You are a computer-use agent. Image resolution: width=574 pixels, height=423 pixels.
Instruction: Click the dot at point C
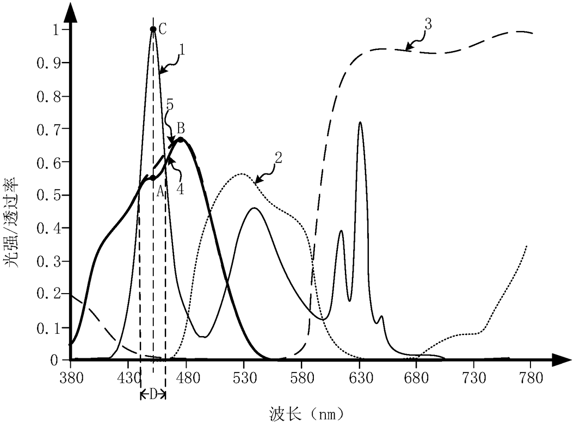point(153,29)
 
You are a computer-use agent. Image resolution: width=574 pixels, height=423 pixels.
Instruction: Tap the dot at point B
point(181,140)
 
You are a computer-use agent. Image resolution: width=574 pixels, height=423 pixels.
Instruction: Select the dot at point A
point(153,178)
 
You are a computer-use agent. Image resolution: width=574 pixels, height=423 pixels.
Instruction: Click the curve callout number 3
point(428,25)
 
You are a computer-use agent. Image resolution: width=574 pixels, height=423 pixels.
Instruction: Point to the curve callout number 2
point(278,158)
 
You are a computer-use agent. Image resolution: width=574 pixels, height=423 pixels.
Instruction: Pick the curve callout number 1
point(182,50)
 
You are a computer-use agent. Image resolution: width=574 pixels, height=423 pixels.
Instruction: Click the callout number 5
point(170,105)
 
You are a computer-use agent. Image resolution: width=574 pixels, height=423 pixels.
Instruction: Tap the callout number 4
point(181,189)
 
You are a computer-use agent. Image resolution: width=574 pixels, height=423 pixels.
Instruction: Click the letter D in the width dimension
point(153,395)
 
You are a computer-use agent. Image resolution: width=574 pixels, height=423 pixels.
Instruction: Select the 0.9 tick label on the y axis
point(49,63)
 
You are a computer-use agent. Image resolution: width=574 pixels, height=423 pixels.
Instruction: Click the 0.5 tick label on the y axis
point(49,195)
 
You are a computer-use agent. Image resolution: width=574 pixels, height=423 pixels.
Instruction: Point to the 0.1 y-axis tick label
point(49,329)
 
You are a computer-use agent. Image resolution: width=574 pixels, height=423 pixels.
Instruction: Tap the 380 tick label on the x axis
point(71,378)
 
